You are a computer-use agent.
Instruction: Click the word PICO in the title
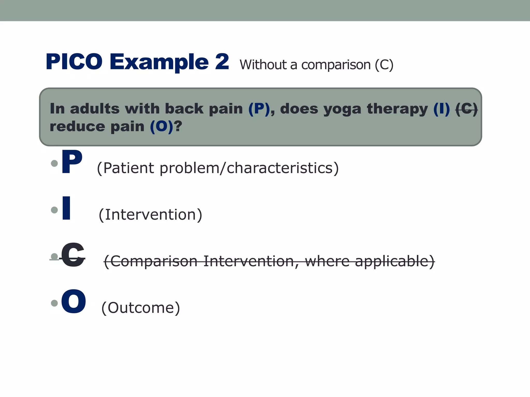pyautogui.click(x=74, y=62)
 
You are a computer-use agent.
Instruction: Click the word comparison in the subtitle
pyautogui.click(x=336, y=65)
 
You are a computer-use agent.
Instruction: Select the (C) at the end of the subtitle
pyautogui.click(x=384, y=65)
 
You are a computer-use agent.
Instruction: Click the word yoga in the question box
pyautogui.click(x=342, y=109)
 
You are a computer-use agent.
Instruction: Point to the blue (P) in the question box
pyautogui.click(x=259, y=109)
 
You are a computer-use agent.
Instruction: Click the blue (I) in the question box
pyautogui.click(x=441, y=109)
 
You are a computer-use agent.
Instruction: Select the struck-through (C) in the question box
pyautogui.click(x=466, y=109)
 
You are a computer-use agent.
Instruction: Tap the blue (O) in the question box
pyautogui.click(x=161, y=127)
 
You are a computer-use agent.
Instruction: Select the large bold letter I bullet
pyautogui.click(x=66, y=208)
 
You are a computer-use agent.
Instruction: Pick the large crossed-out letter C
pyautogui.click(x=73, y=255)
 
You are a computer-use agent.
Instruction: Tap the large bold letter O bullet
pyautogui.click(x=73, y=301)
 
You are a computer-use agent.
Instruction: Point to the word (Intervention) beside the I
pyautogui.click(x=150, y=215)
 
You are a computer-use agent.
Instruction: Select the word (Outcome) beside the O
pyautogui.click(x=141, y=308)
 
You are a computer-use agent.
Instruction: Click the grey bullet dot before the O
pyautogui.click(x=54, y=303)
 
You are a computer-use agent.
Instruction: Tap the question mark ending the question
pyautogui.click(x=178, y=127)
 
